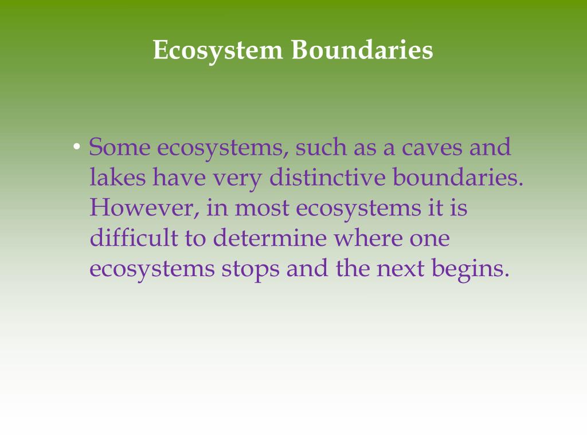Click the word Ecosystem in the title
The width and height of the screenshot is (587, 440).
tap(218, 50)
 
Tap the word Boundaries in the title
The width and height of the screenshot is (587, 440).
tap(362, 50)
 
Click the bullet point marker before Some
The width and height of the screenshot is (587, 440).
tap(77, 148)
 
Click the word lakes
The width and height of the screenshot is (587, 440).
tap(117, 178)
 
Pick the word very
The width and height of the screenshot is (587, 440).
tap(238, 178)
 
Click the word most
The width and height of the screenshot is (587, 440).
tap(262, 207)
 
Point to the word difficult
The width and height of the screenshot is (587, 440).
tap(134, 238)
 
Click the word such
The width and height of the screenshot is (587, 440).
tap(320, 148)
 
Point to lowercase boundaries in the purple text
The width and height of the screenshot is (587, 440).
tap(457, 178)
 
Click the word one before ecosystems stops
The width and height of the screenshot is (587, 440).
tap(429, 238)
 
